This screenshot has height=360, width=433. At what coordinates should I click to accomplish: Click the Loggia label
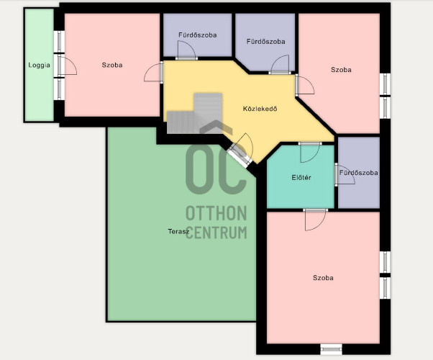pyautogui.click(x=40, y=66)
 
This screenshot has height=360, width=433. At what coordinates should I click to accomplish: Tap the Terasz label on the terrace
pyautogui.click(x=178, y=231)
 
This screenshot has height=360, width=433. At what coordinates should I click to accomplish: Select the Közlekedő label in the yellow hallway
pyautogui.click(x=260, y=109)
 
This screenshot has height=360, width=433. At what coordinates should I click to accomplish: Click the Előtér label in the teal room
pyautogui.click(x=301, y=178)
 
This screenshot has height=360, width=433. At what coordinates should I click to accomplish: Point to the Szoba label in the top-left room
pyautogui.click(x=112, y=65)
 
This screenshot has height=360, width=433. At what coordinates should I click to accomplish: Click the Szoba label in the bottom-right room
pyautogui.click(x=323, y=278)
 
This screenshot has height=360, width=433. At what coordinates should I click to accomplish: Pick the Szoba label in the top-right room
pyautogui.click(x=341, y=70)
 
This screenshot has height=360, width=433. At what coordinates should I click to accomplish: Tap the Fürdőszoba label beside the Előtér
pyautogui.click(x=358, y=173)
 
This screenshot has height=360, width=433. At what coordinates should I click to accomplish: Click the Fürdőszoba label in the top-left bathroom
pyautogui.click(x=198, y=35)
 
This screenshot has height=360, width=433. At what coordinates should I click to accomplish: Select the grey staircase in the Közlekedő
pyautogui.click(x=195, y=114)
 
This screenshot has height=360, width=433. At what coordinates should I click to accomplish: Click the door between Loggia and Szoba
pyautogui.click(x=67, y=66)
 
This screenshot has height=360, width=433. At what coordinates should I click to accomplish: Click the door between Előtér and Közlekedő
pyautogui.click(x=309, y=153)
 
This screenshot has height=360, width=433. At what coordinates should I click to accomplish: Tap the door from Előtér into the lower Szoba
pyautogui.click(x=315, y=220)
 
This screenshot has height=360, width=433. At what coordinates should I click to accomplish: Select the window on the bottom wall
pyautogui.click(x=331, y=349)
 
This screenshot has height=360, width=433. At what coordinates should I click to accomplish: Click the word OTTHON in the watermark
pyautogui.click(x=216, y=213)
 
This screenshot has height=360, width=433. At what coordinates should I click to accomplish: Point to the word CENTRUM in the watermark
pyautogui.click(x=216, y=233)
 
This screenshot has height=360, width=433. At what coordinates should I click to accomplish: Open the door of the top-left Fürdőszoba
pyautogui.click(x=187, y=50)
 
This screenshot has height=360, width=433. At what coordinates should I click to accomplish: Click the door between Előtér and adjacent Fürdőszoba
pyautogui.click(x=345, y=174)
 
